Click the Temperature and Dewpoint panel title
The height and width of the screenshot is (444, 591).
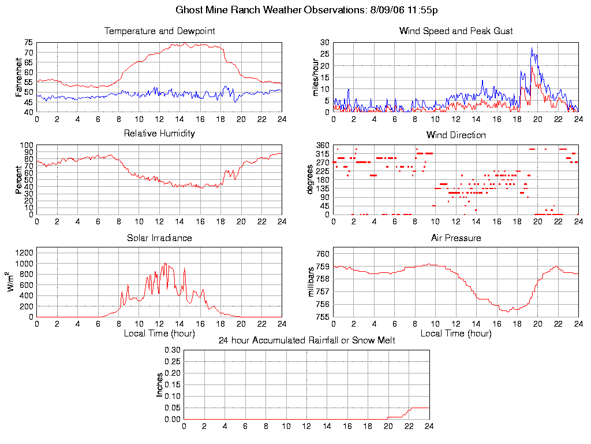(x=159, y=31)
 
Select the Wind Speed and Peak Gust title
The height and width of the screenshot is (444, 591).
(x=456, y=31)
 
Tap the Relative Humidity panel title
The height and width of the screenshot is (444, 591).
(x=159, y=134)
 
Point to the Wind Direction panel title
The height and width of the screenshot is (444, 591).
(x=456, y=135)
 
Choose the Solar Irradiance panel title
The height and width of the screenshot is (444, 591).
(x=159, y=238)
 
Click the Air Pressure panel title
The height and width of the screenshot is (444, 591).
(x=456, y=238)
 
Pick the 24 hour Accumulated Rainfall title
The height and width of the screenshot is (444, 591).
(x=306, y=341)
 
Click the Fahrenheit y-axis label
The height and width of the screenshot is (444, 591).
(x=20, y=77)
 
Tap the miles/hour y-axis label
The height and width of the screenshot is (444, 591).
(x=316, y=77)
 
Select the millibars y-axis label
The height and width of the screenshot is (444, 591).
(x=312, y=283)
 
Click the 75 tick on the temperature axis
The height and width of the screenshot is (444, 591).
(x=28, y=42)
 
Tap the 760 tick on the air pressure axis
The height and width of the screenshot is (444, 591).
(x=323, y=254)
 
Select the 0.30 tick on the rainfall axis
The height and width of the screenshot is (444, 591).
(x=173, y=350)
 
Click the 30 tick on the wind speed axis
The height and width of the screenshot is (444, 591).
(x=325, y=42)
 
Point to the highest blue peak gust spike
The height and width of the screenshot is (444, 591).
(x=532, y=49)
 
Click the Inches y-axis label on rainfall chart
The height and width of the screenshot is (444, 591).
(x=160, y=384)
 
